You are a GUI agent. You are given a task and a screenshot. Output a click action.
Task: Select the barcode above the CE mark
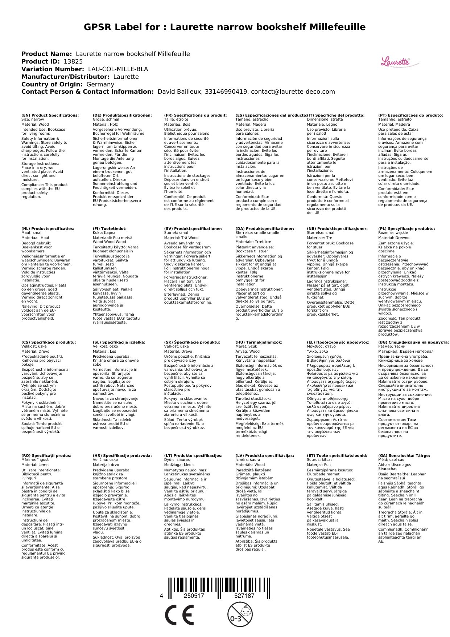(x=219, y=581)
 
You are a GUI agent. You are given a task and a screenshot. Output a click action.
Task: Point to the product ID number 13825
(x=73, y=62)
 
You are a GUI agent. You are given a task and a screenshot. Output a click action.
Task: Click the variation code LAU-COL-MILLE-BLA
(x=118, y=69)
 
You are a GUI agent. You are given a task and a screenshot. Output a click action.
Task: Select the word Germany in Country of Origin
(x=100, y=85)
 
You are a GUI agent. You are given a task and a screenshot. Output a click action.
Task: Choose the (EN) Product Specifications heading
(x=50, y=115)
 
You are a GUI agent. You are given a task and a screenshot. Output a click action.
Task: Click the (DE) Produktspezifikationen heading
(x=122, y=115)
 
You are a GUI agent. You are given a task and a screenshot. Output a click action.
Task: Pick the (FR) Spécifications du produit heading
(x=195, y=115)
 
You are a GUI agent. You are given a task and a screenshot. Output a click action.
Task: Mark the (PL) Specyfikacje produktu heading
(x=406, y=229)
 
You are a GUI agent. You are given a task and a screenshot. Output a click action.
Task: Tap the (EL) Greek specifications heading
(x=338, y=342)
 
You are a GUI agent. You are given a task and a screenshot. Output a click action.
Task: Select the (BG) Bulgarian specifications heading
(x=413, y=342)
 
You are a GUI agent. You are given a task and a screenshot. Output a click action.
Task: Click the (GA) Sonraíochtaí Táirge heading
(x=404, y=456)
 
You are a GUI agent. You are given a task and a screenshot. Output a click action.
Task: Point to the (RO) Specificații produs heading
(x=46, y=456)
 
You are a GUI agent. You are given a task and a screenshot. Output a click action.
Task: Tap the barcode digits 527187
(x=244, y=596)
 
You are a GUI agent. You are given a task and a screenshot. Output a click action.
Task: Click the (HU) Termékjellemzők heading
(x=259, y=342)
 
